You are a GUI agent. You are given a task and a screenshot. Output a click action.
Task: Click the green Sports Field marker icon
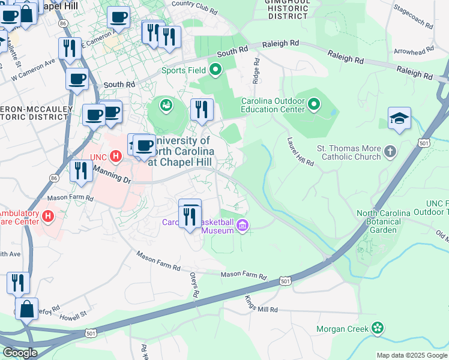click(x=215, y=71)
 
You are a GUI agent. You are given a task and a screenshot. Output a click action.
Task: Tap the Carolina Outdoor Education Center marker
click(x=313, y=106)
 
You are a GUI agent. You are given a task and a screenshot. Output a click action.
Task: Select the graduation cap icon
click(x=399, y=119)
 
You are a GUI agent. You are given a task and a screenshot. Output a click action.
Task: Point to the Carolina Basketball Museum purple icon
click(x=243, y=226)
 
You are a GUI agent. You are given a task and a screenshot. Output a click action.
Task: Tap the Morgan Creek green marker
click(x=378, y=328)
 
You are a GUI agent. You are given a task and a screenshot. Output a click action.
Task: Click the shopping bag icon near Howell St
click(x=26, y=310)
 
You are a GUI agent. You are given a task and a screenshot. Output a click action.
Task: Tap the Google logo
click(x=19, y=353)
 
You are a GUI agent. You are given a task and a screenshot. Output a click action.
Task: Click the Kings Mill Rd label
click(x=261, y=305)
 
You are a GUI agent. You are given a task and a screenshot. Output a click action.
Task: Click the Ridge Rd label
click(x=256, y=71)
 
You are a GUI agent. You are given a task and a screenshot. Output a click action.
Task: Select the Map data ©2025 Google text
click(x=411, y=355)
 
